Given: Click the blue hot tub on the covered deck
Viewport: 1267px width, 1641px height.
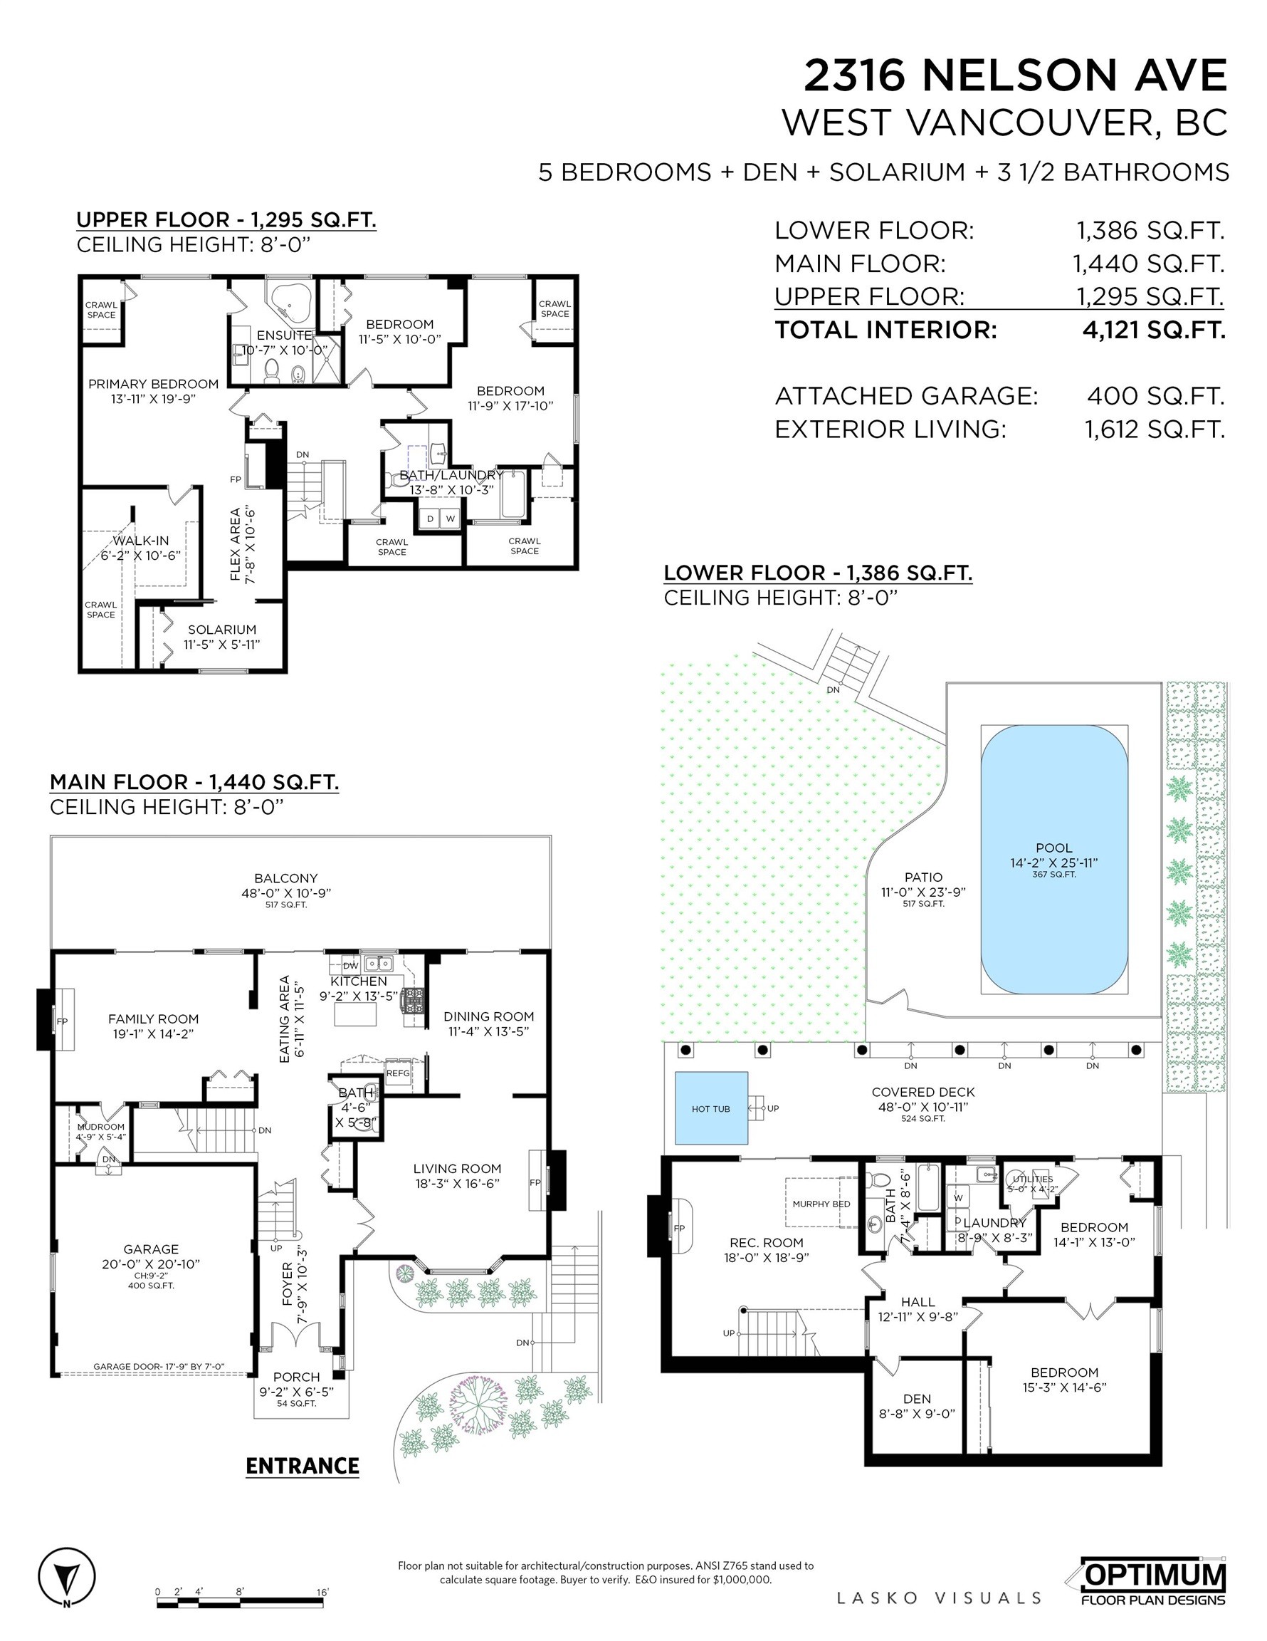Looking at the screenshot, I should click(x=710, y=1108).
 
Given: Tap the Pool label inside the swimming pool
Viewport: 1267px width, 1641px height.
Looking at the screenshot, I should click(x=1053, y=848).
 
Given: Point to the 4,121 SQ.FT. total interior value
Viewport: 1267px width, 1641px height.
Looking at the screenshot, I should click(x=1153, y=330).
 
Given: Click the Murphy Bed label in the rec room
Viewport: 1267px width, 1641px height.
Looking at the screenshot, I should click(x=821, y=1203).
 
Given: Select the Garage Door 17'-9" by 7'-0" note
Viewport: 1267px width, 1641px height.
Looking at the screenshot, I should click(x=159, y=1367).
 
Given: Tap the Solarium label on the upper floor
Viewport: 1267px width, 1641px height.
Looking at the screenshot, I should click(x=221, y=630).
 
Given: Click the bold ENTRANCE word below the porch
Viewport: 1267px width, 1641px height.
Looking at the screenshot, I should click(x=302, y=1466).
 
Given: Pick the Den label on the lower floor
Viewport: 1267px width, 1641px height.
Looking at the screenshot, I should click(x=916, y=1398).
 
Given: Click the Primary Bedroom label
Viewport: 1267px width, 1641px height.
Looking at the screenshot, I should click(x=153, y=384).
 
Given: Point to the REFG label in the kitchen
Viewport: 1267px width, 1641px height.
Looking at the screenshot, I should click(x=398, y=1073).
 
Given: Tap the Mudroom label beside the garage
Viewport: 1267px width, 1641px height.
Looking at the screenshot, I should click(x=100, y=1127).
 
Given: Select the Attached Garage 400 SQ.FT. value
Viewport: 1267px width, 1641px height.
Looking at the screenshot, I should click(x=1155, y=396).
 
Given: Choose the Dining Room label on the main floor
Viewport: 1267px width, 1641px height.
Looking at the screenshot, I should click(x=488, y=1016).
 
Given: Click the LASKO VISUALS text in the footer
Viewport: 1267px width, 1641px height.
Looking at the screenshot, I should click(x=939, y=1598).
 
